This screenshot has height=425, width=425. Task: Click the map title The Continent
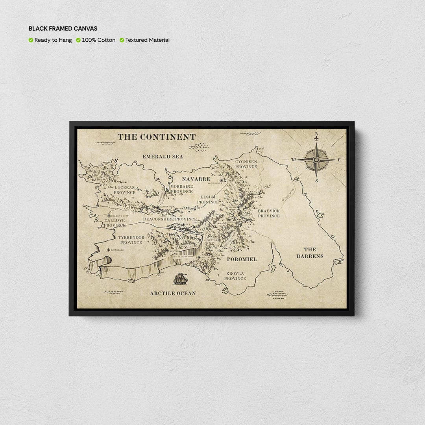click(x=157, y=137)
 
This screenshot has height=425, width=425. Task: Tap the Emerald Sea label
click(x=163, y=157)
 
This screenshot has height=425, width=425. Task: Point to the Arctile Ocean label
click(x=173, y=293)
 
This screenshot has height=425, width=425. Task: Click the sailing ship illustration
click(x=181, y=279)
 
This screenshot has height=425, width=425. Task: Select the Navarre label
click(x=196, y=179)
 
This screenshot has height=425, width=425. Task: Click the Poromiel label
click(x=242, y=259)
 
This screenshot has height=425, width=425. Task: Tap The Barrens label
click(x=310, y=253)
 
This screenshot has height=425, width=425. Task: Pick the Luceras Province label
click(x=124, y=190)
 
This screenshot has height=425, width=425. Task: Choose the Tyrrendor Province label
click(x=131, y=240)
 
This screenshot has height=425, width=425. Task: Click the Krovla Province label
click(x=235, y=276)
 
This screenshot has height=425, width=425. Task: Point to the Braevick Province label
click(x=269, y=213)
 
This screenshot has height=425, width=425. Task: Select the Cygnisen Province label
click(x=246, y=164)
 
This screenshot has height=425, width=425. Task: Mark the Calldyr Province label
click(x=115, y=223)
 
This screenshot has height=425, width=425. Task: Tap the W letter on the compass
click(x=294, y=160)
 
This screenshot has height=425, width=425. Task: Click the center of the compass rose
click(x=316, y=159)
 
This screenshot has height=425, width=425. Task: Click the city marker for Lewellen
click(x=108, y=249)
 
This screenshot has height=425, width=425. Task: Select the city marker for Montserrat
click(x=221, y=181)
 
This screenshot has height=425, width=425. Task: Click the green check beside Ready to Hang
click(x=31, y=40)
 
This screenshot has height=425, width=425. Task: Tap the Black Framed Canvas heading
click(x=63, y=29)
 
